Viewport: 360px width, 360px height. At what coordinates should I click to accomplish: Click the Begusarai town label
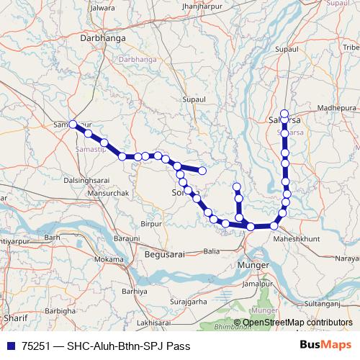tap(165, 254)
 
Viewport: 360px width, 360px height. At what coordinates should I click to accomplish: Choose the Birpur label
tap(151, 224)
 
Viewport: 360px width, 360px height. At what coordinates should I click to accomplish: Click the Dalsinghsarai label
tap(89, 180)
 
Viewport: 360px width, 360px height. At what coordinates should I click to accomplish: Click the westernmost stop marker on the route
tap(73, 125)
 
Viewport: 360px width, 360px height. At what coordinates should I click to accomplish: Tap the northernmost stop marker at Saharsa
tap(284, 113)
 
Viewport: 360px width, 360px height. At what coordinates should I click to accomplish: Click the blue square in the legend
tap(10, 346)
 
